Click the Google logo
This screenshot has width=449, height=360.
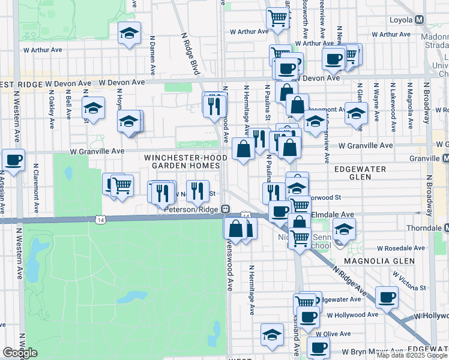[x=20, y=353]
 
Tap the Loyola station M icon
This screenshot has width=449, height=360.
[x=419, y=20]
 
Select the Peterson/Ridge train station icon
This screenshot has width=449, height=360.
[x=225, y=209]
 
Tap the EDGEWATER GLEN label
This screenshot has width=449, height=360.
[x=360, y=173]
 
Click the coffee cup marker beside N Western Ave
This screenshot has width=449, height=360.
[x=13, y=159]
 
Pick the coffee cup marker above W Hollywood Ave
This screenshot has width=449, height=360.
[x=387, y=296]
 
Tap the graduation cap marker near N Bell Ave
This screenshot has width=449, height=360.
[x=93, y=107]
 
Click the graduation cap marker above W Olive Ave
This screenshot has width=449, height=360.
[x=272, y=334]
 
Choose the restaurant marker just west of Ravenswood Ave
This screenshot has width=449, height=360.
[x=197, y=190]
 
